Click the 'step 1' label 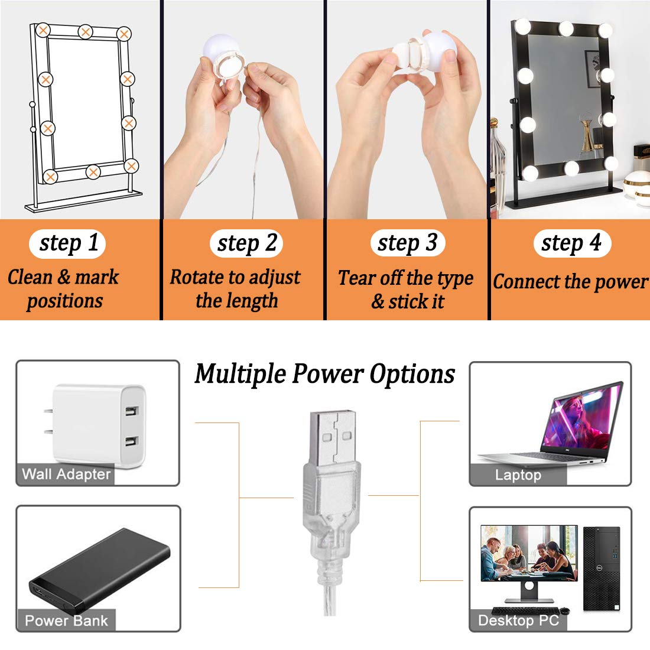click(x=68, y=243)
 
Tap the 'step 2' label click(x=246, y=243)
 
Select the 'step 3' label click(x=408, y=243)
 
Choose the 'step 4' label click(x=571, y=243)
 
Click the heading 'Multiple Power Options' click(x=325, y=374)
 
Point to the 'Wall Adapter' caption click(x=66, y=474)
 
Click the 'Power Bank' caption click(x=66, y=620)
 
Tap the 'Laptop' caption click(x=518, y=475)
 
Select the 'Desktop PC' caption click(x=518, y=620)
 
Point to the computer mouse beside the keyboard click(x=564, y=610)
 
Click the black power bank click(x=97, y=570)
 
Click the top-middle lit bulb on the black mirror click(x=566, y=27)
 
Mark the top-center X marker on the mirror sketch click(x=86, y=31)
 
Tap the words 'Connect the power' click(x=570, y=282)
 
